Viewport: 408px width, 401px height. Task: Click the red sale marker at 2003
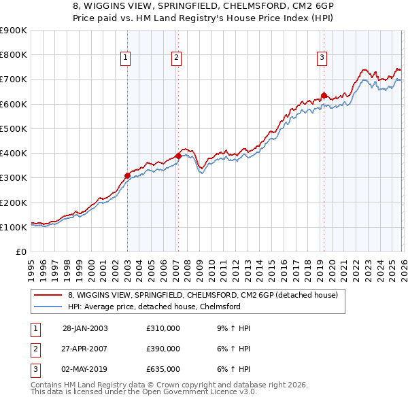(x=127, y=175)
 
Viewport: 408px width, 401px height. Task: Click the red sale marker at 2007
(x=178, y=156)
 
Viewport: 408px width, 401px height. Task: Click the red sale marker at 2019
(x=324, y=95)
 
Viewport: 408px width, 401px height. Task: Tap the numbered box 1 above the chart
(x=126, y=58)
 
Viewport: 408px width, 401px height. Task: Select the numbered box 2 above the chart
(x=176, y=58)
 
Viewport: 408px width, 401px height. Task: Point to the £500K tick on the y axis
(x=14, y=128)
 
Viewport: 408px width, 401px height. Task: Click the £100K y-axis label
(x=14, y=227)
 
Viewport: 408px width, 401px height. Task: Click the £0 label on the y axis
(x=20, y=251)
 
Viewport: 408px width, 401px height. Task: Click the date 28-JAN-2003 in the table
(x=85, y=328)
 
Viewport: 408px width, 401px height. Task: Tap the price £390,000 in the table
(x=163, y=349)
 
